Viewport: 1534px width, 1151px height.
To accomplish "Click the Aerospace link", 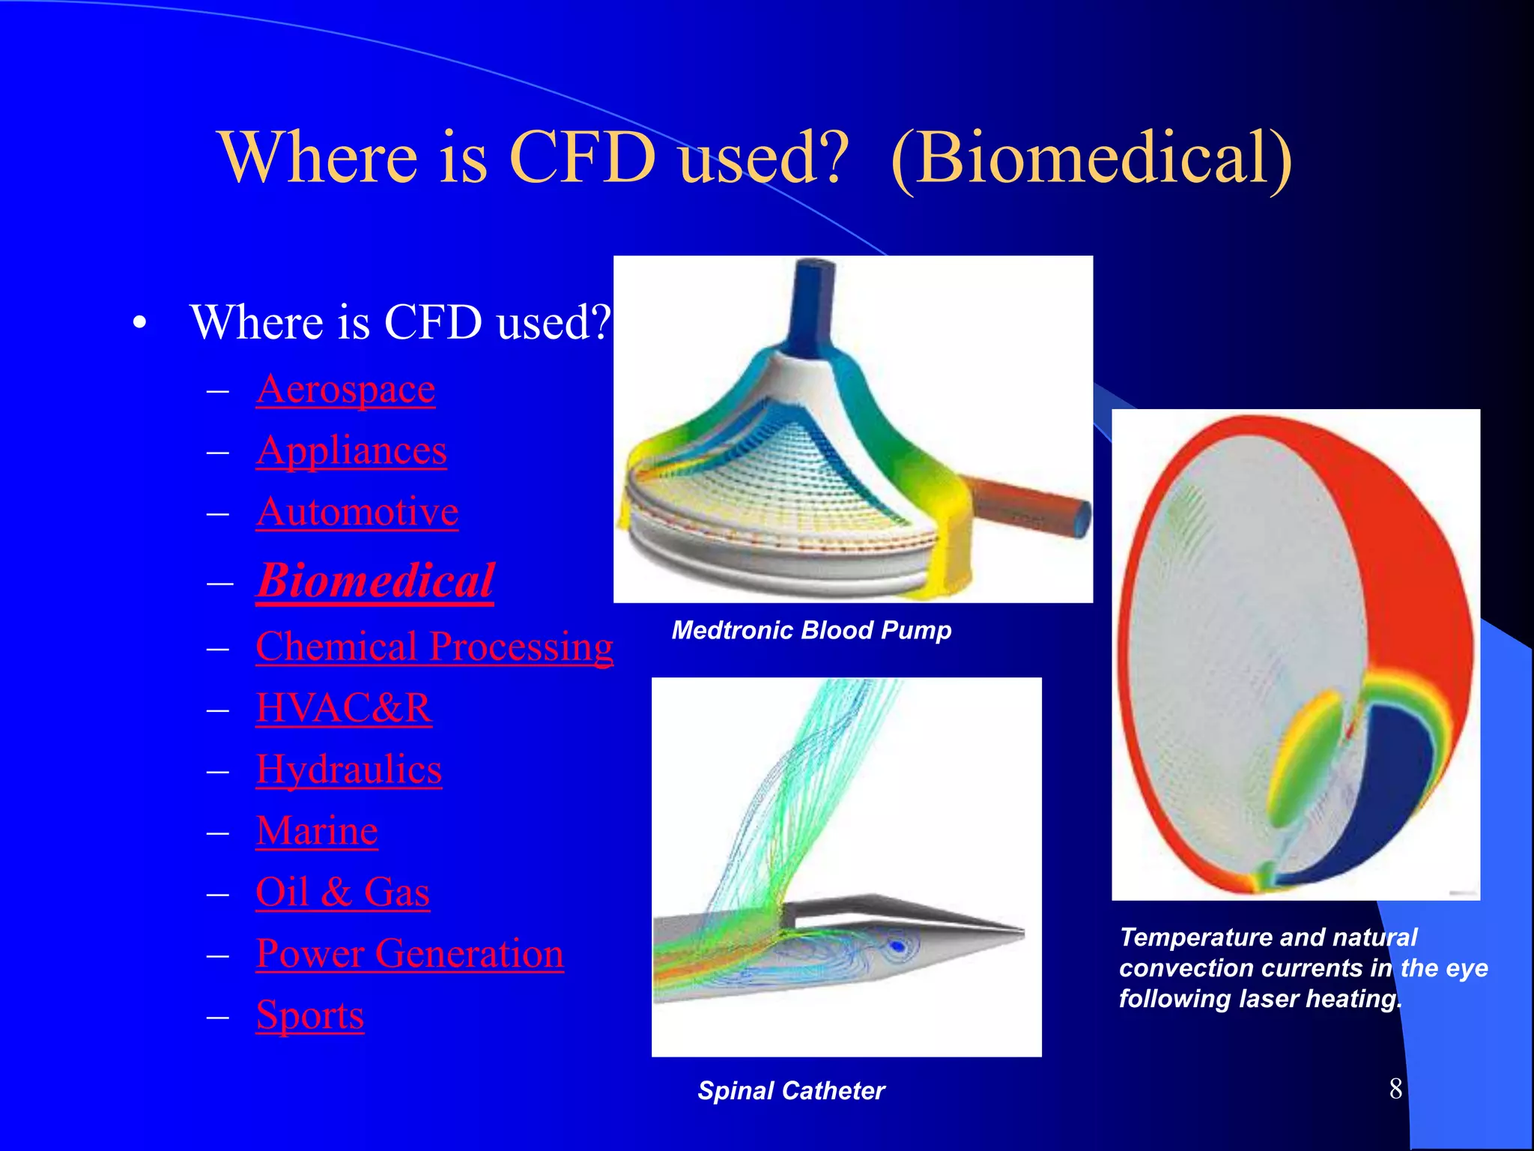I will pos(345,390).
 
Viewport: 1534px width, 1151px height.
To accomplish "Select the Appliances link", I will pos(351,451).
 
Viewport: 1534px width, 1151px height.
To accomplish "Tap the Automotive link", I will pos(357,513).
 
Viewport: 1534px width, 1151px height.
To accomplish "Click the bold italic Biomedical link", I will pos(375,581).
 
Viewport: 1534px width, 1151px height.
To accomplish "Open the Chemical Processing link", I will pos(434,647).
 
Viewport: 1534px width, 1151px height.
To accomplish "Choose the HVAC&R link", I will pos(343,708).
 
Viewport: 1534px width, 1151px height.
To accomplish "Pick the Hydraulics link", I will pos(348,770).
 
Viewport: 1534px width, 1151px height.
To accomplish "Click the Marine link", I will pos(316,831).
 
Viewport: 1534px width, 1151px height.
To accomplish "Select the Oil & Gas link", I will pos(342,892).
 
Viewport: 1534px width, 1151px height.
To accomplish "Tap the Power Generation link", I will pos(409,954).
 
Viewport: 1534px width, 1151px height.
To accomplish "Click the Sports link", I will pos(309,1015).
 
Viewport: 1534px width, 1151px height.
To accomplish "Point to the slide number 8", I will pos(1395,1089).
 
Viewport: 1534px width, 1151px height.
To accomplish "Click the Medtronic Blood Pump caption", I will pos(811,630).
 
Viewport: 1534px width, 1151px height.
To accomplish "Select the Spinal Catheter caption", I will pos(791,1090).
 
